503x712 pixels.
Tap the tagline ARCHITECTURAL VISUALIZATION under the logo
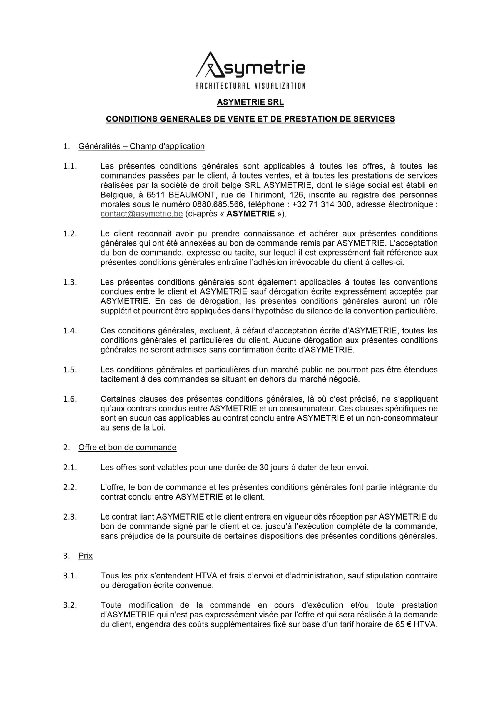coord(250,86)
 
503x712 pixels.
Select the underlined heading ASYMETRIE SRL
coord(250,102)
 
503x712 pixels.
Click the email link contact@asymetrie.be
coord(142,214)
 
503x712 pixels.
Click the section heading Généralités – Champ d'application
coord(141,146)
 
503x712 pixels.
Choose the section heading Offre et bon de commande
coord(127,448)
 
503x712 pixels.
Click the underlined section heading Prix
coord(86,556)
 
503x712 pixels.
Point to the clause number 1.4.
coord(70,331)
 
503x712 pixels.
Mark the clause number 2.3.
coord(70,517)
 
